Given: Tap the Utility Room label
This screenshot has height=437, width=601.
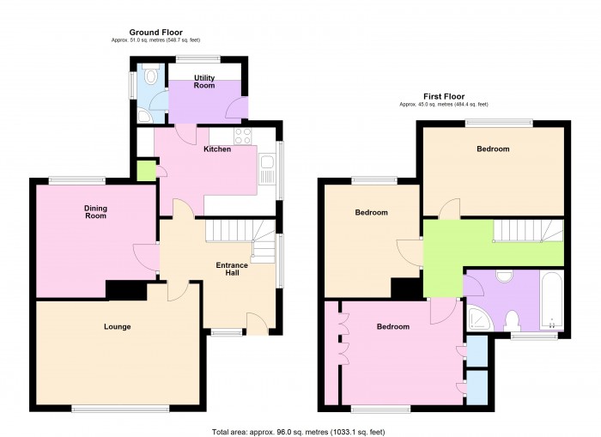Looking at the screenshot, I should [204, 82].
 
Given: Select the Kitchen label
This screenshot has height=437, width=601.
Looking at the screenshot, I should [217, 149].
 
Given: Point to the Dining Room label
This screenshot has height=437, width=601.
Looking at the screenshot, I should [95, 211].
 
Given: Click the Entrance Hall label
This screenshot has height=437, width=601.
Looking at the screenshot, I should [232, 270].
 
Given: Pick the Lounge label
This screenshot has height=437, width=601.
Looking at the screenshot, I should [118, 326].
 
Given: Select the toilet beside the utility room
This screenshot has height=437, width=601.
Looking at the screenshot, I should [151, 77].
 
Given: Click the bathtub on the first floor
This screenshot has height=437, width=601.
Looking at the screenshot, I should [550, 300].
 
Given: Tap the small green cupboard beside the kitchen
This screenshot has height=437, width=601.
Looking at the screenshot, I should [146, 169].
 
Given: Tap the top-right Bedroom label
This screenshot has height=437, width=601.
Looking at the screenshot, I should [493, 149].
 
